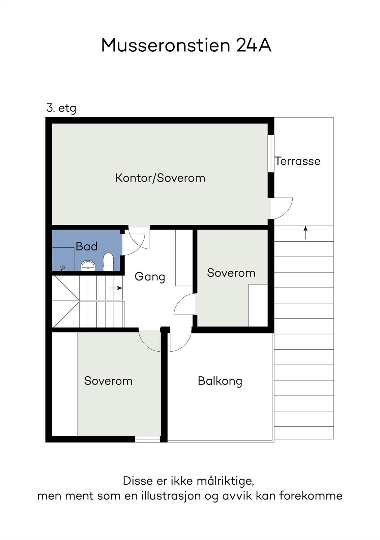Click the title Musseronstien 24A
186,45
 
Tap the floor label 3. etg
61,108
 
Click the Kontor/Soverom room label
160,178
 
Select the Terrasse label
297,161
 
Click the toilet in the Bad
108,262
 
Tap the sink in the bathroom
88,266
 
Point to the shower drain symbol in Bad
63,268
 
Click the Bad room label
86,246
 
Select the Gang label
150,277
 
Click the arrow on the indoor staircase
116,288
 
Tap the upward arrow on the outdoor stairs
305,233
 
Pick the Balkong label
220,381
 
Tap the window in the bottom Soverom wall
147,439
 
